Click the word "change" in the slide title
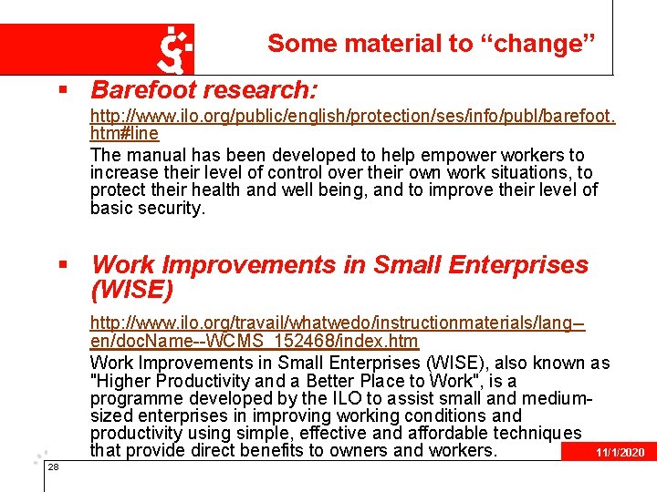pos(558,43)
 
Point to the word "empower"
pos(432,155)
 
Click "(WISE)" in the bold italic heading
pos(131,290)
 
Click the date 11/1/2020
pos(620,453)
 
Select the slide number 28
pos(53,466)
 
